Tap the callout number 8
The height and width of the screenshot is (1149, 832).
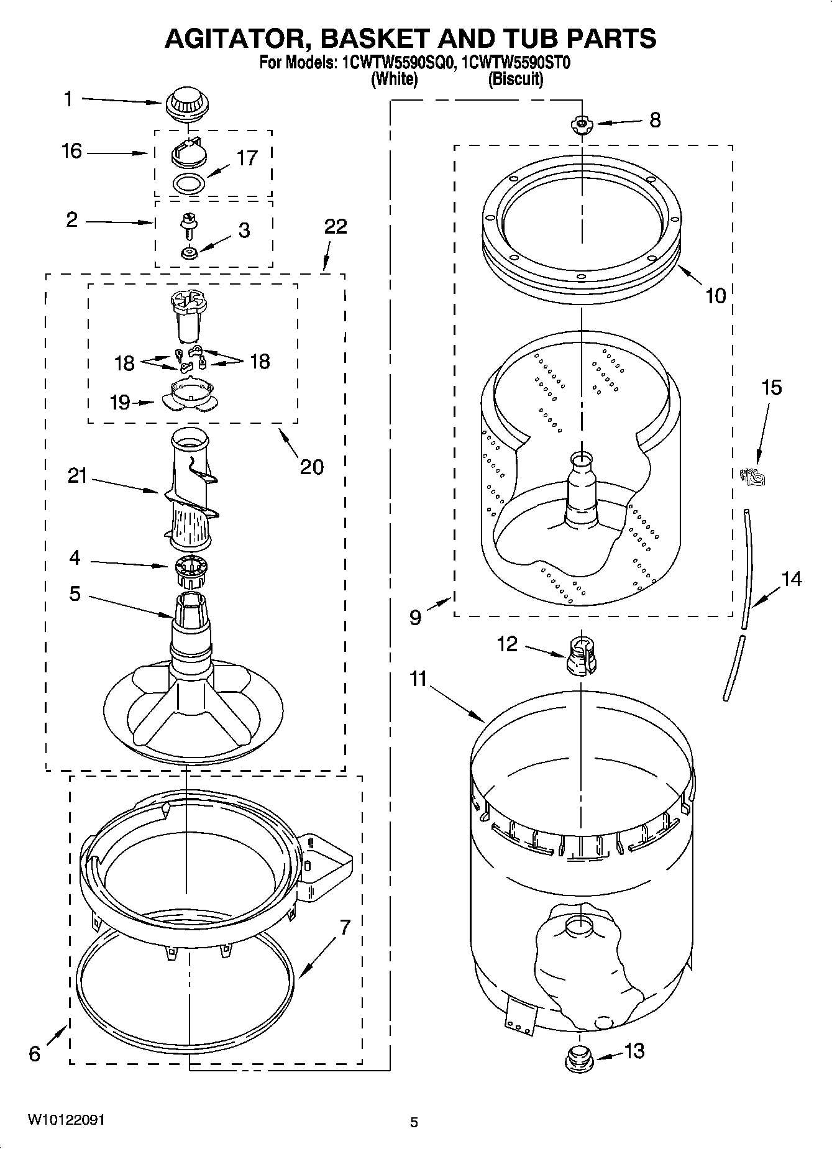click(x=655, y=120)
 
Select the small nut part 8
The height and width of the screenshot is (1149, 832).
click(x=582, y=124)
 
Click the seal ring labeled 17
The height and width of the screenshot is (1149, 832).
click(x=189, y=185)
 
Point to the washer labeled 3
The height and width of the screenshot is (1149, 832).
click(x=188, y=252)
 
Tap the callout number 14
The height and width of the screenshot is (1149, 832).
click(x=791, y=579)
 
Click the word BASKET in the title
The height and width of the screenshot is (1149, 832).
click(x=366, y=39)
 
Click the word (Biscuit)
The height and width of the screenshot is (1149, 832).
click(x=515, y=80)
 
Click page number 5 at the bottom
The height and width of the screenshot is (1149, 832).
click(x=414, y=1122)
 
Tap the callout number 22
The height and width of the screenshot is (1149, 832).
click(x=336, y=226)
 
